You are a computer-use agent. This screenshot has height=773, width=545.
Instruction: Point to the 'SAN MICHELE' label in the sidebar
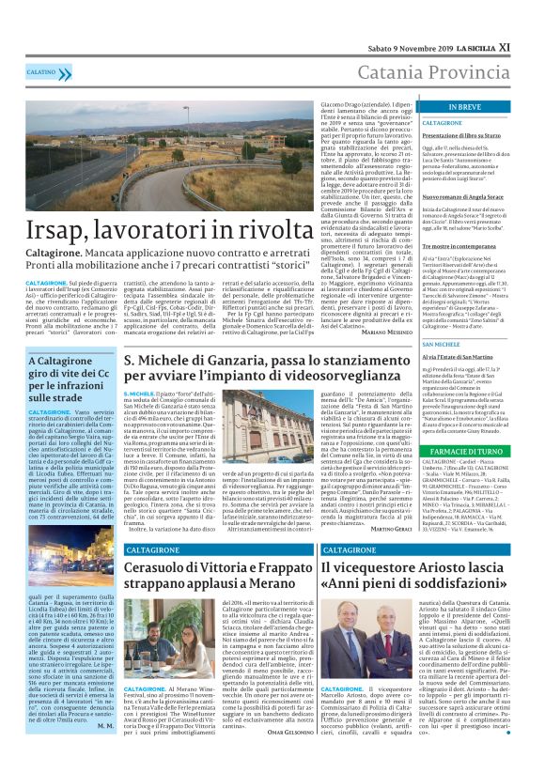click(441, 345)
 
